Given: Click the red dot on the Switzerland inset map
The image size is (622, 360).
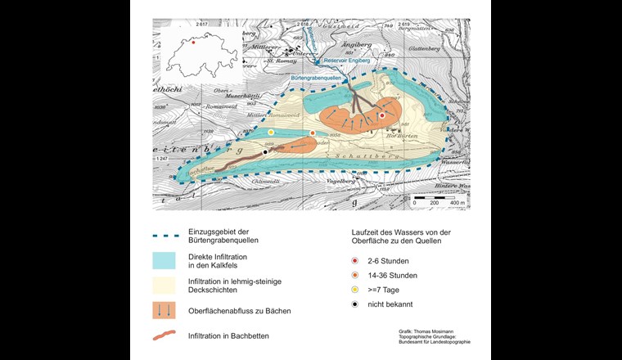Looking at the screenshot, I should tap(193, 42).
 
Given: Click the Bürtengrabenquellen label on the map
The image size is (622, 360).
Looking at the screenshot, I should tap(320, 78).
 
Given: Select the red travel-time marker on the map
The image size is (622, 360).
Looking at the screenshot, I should tap(382, 116).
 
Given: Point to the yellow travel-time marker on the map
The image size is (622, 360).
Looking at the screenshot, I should tap(271, 132).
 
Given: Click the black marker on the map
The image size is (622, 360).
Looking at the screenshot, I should tap(265, 151).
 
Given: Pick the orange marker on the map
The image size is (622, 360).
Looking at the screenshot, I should tap(313, 133).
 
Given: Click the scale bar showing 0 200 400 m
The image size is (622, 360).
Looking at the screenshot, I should tap(439, 199).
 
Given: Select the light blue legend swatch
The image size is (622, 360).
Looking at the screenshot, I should tap(172, 260).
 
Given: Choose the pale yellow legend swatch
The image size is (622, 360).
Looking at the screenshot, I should tap(172, 284).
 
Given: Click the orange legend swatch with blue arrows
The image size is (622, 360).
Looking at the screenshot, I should tap(172, 309).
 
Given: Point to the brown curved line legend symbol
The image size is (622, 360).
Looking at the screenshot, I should tap(172, 334).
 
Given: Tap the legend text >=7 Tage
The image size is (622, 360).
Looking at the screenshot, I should tap(383, 289).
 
